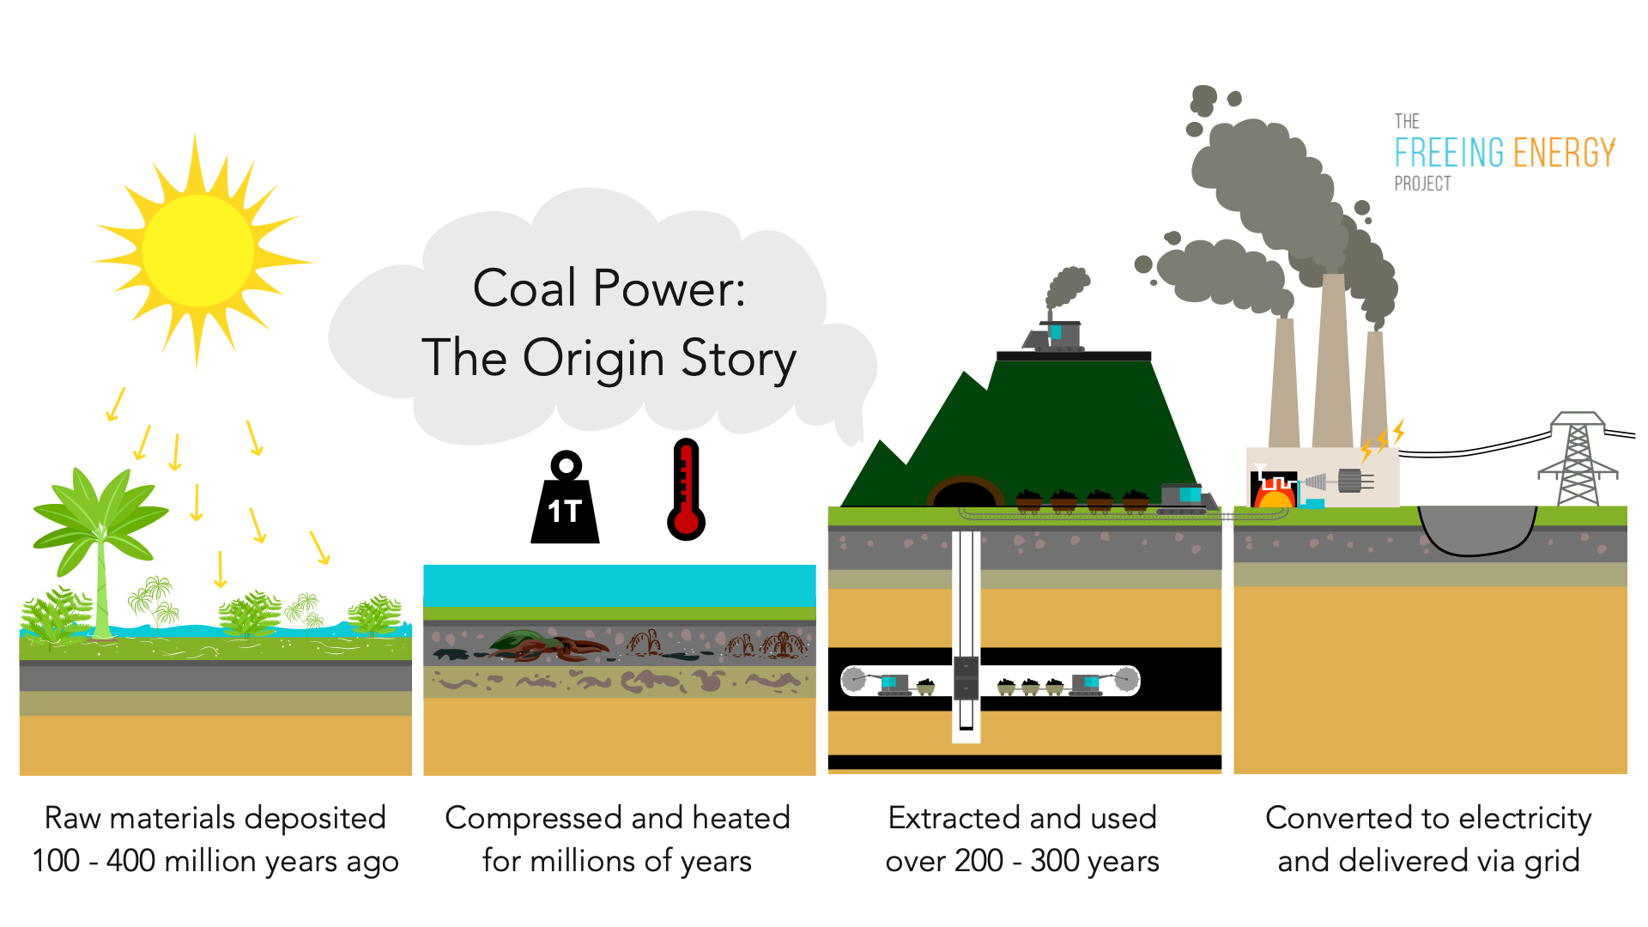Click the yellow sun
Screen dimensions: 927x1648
pos(198,250)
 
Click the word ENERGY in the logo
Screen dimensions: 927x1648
pos(1564,153)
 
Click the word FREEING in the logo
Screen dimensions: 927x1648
pos(1449,153)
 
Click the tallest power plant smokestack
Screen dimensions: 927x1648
pos(1332,360)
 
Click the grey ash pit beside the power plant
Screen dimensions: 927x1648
pos(1475,527)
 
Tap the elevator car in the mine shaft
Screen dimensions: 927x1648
pos(966,677)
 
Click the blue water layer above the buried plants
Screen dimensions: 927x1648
pos(619,585)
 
